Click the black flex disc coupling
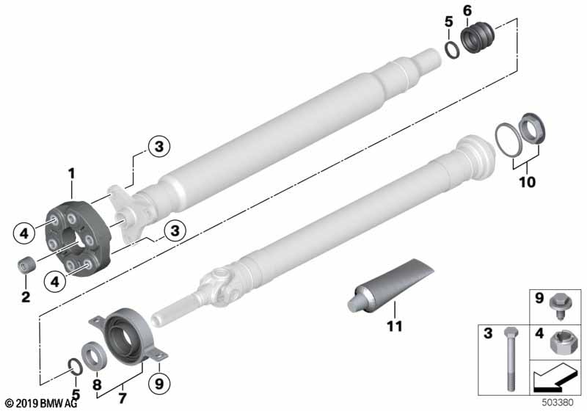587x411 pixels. click(77, 233)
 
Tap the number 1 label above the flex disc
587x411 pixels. click(72, 173)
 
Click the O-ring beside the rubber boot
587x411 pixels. click(453, 51)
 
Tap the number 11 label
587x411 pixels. click(395, 325)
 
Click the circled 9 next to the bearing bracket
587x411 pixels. click(159, 382)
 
